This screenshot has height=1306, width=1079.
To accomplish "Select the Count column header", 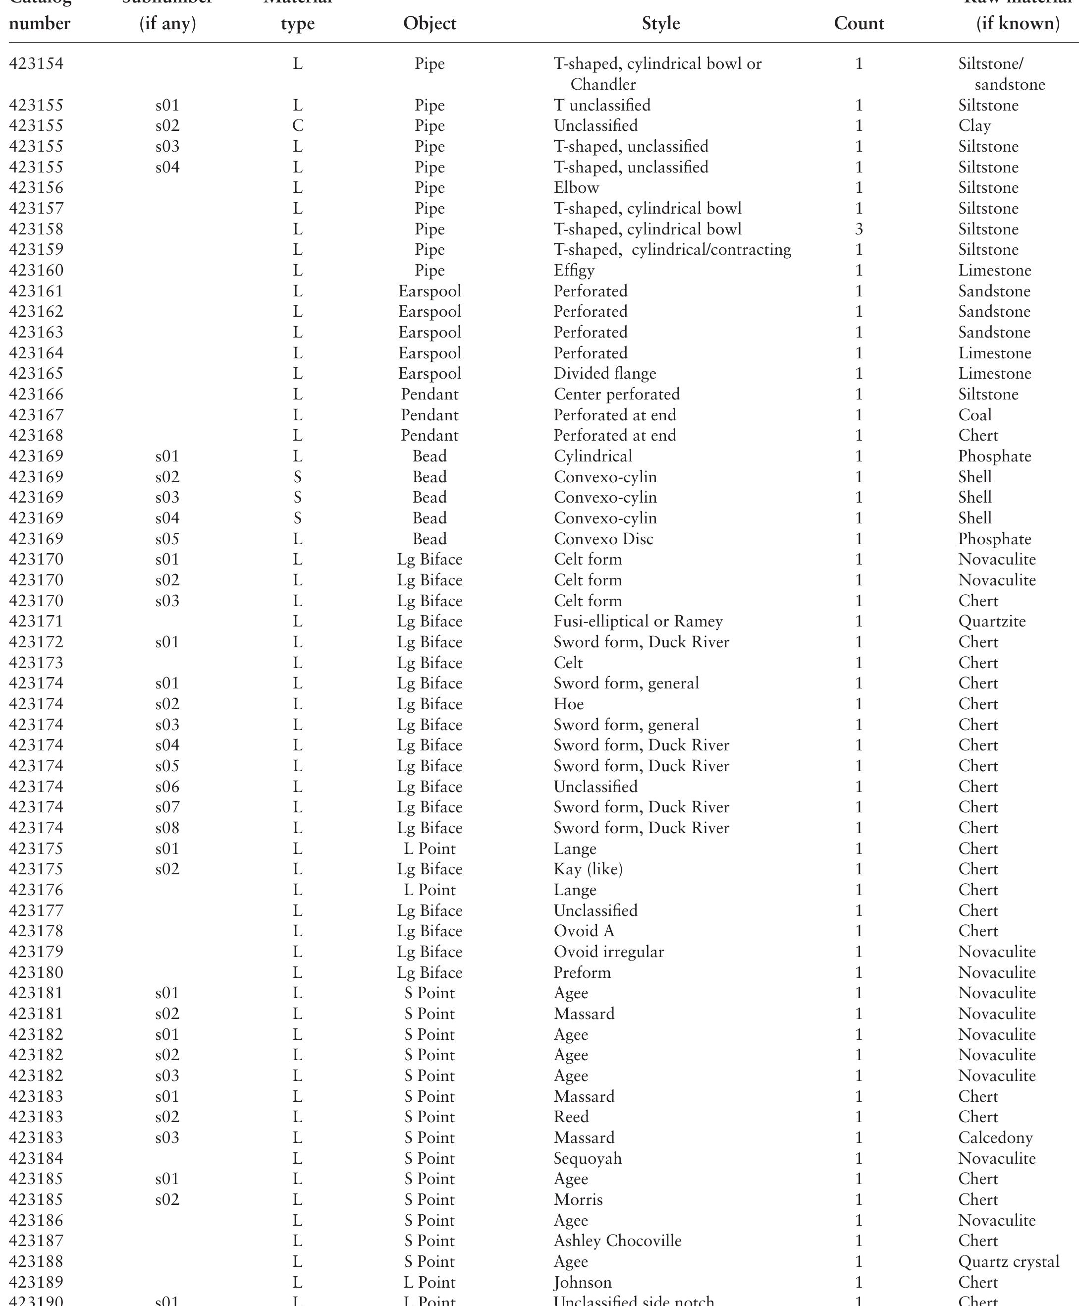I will click(x=859, y=24).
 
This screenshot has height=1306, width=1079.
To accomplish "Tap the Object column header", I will click(x=430, y=24).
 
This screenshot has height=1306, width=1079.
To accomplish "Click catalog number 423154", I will click(x=36, y=64).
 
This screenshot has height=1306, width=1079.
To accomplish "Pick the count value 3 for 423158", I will click(x=859, y=229).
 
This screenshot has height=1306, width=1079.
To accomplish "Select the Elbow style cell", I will click(x=576, y=188).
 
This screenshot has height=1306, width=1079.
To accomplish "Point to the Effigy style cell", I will click(x=574, y=271).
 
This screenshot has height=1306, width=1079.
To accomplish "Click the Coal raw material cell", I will click(x=974, y=415).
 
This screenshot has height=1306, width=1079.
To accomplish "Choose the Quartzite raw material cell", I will click(x=991, y=622).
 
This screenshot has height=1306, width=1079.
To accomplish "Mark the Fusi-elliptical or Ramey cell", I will click(x=638, y=622).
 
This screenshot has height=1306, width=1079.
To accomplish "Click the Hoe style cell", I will click(x=568, y=704).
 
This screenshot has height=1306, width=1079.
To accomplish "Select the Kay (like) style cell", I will click(x=588, y=869).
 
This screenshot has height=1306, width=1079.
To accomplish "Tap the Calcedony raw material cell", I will click(x=995, y=1137).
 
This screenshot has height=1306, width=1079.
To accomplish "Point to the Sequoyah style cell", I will click(x=588, y=1158).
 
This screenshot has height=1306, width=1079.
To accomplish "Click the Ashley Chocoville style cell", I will click(x=617, y=1241).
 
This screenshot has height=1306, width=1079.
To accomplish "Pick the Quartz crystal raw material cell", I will click(x=1008, y=1261).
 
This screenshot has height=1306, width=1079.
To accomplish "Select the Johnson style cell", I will click(x=583, y=1282).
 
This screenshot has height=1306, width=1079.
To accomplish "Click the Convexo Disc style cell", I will click(x=603, y=539).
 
